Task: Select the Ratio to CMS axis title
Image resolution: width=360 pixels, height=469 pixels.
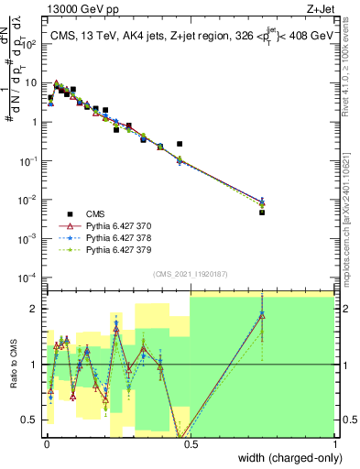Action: click(x=12, y=365)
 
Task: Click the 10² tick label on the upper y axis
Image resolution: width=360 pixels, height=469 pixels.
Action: click(x=30, y=43)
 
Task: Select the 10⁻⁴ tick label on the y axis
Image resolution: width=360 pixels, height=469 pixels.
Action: click(x=29, y=277)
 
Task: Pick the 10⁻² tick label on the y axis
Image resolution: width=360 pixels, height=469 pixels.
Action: click(x=29, y=199)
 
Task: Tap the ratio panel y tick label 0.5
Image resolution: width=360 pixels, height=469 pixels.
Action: click(x=31, y=420)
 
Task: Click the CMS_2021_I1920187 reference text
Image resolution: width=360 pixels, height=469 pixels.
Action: click(x=190, y=274)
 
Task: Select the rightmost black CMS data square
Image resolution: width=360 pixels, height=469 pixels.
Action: click(x=262, y=212)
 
